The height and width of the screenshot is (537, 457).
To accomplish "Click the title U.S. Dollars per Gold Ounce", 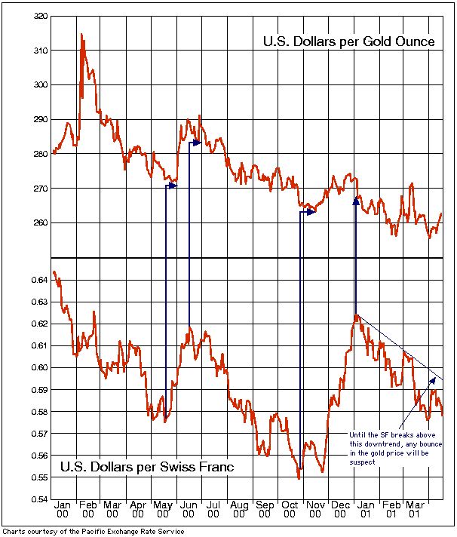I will coord(348,41).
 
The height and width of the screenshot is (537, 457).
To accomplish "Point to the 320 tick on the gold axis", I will coord(41,15).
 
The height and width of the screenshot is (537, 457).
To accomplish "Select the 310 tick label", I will coord(41,51).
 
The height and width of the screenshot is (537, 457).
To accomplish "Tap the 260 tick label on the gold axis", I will coord(41,223).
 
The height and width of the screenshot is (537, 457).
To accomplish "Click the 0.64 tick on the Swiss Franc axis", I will coord(39,281).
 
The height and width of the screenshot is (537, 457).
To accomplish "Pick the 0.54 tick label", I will coord(39,499).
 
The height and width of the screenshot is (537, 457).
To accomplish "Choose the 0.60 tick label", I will coord(39,368).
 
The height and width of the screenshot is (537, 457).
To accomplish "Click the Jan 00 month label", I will coord(63,508).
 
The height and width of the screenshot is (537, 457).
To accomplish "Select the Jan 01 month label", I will coord(366,508).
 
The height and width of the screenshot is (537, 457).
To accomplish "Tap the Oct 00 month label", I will coord(290,508).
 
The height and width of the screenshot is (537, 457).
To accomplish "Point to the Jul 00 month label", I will coord(214,508).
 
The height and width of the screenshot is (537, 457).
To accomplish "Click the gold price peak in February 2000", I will coord(81,34).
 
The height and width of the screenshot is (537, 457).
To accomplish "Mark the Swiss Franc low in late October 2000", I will coord(299,478).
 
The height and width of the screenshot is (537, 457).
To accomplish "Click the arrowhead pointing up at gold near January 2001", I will coord(356,200).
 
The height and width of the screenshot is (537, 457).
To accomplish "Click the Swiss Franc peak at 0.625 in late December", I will coord(356,316).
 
